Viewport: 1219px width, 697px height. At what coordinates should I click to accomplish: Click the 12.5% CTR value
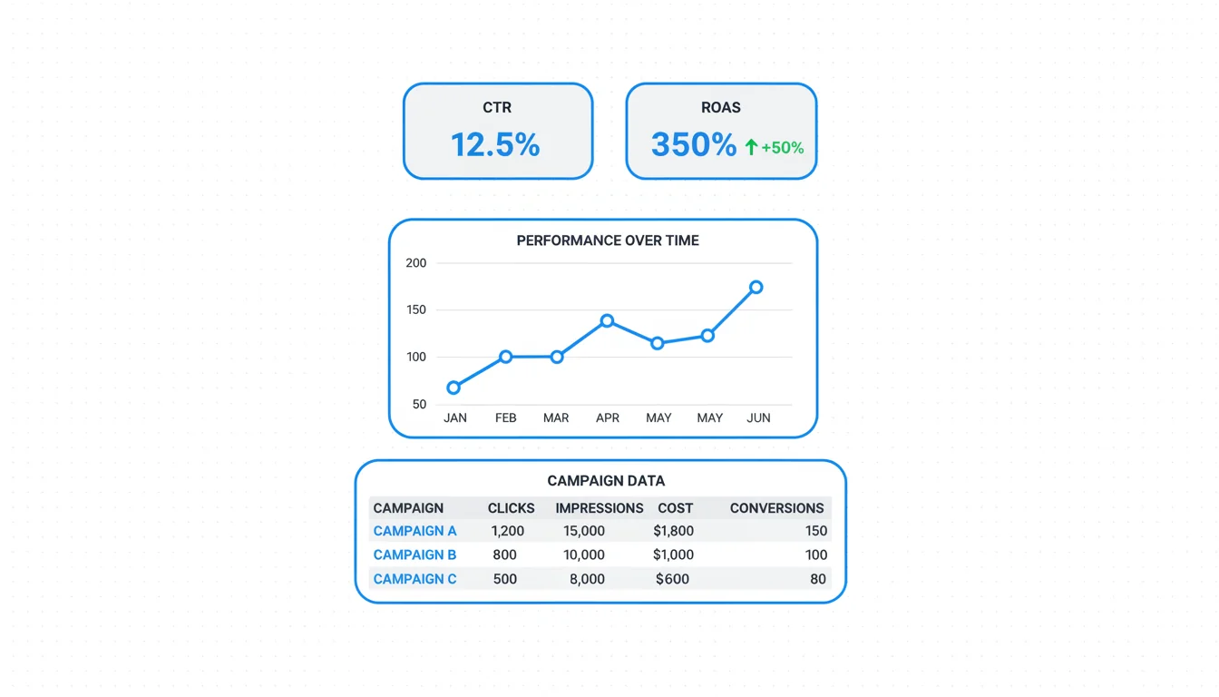click(x=495, y=144)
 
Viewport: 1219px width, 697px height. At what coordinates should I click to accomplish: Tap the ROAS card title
click(x=721, y=107)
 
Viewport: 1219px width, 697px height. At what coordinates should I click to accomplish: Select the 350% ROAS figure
click(x=694, y=145)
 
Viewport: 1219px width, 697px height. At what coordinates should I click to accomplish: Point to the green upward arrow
click(x=751, y=147)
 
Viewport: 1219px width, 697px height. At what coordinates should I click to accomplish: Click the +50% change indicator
click(x=783, y=148)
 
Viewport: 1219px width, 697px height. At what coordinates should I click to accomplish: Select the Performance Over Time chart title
click(x=608, y=241)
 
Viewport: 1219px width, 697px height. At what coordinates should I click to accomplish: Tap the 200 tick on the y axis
click(x=416, y=263)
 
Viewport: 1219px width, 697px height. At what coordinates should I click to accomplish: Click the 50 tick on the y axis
click(x=419, y=405)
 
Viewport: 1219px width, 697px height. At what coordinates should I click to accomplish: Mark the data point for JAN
click(x=453, y=388)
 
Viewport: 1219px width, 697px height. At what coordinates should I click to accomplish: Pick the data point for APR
click(x=607, y=320)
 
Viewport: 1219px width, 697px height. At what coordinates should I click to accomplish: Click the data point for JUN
click(x=756, y=287)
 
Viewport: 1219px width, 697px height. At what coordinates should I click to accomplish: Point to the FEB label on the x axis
click(x=505, y=418)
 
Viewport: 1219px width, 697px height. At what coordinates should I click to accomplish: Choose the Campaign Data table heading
click(x=606, y=481)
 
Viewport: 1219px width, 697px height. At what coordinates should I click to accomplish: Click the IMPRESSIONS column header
click(x=600, y=508)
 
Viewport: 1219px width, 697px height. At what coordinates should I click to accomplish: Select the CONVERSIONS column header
click(x=776, y=508)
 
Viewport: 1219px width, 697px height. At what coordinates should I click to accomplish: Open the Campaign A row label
click(x=414, y=531)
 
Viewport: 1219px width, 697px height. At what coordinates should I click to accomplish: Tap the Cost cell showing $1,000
click(x=674, y=555)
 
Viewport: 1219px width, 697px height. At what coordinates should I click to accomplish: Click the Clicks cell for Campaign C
click(x=504, y=579)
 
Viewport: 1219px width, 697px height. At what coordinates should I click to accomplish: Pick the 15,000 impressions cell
click(x=583, y=531)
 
